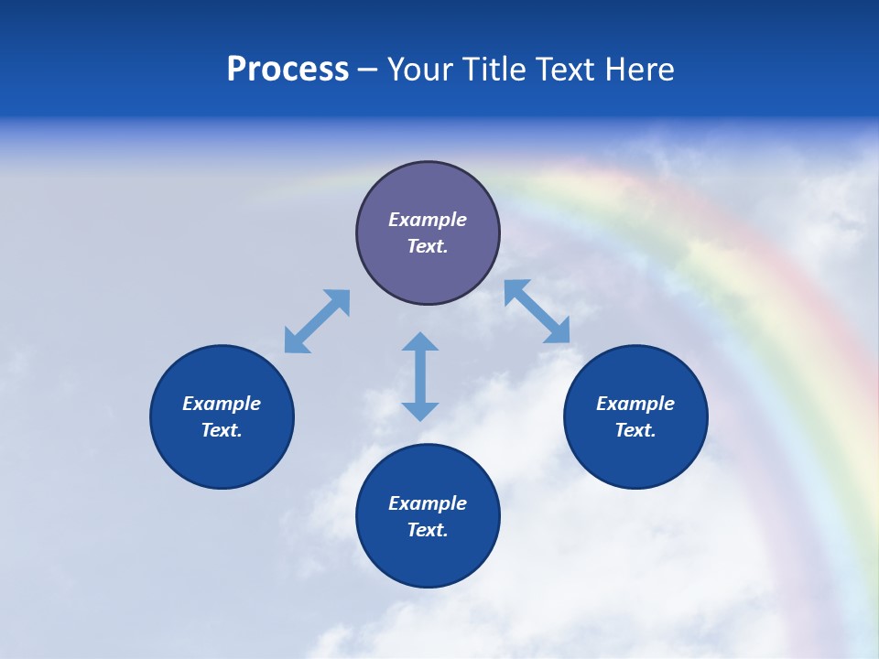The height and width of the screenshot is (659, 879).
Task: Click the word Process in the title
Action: coord(288,70)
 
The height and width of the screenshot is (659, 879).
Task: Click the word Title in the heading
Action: coord(492,70)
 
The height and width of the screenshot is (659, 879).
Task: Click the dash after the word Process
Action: coord(367,70)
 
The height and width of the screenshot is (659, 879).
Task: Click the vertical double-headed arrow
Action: coord(420,376)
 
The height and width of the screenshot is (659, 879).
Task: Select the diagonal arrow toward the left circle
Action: coord(317,321)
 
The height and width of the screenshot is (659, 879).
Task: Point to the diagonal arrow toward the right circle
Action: coord(537,311)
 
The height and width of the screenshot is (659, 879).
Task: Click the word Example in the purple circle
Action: coord(428,220)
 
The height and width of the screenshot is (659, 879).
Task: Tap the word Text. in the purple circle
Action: coord(428,246)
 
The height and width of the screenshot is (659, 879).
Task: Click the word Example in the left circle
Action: coord(222,404)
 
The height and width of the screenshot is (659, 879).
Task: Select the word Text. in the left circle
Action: coord(222,430)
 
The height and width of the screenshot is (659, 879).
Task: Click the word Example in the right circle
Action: coord(635,404)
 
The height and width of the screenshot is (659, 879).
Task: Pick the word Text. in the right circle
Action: coord(635,430)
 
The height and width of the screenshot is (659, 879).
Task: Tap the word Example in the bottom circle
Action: coord(428,503)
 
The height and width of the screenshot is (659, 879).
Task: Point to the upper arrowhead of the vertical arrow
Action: coord(420,342)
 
